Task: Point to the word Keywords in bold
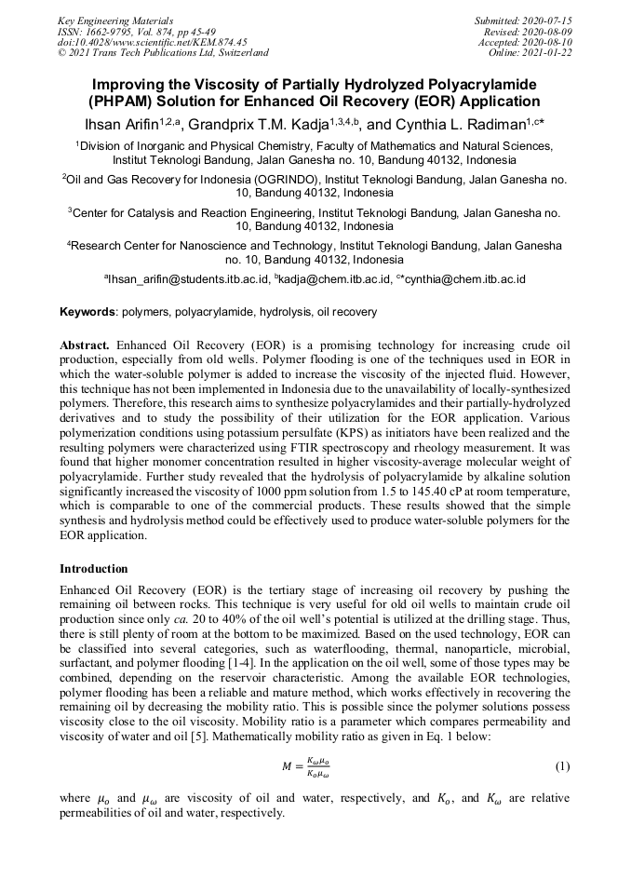[x=87, y=311]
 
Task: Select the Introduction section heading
[x=94, y=568]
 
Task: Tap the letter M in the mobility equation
[x=287, y=766]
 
